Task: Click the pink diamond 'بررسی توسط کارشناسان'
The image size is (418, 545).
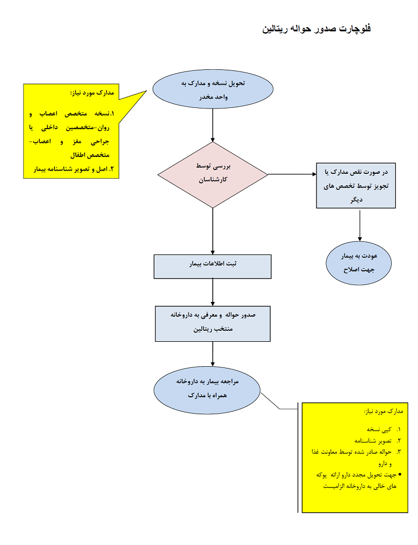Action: click(212, 174)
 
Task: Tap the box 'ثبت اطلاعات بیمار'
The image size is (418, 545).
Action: click(212, 266)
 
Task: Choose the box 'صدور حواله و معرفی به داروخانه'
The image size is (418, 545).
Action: click(212, 323)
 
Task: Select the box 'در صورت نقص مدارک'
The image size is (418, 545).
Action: click(356, 186)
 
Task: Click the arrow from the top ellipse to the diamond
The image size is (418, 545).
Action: click(212, 125)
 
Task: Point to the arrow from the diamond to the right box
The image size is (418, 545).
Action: click(292, 174)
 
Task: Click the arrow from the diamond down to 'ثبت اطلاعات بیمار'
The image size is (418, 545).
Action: click(212, 232)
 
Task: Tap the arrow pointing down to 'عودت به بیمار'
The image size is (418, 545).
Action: click(359, 224)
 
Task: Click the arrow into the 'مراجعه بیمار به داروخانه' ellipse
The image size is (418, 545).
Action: click(212, 355)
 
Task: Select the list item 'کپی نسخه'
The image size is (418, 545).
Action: click(378, 429)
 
